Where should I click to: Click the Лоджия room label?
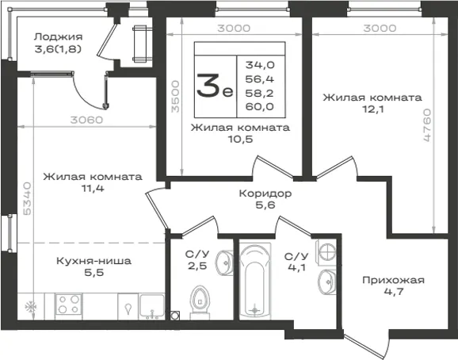click(x=58, y=36)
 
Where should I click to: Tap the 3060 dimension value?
click(x=86, y=120)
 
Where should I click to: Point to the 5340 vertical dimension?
click(x=27, y=198)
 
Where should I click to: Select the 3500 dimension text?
click(x=175, y=97)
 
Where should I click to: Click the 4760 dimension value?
click(x=427, y=125)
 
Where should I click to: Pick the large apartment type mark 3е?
click(x=215, y=86)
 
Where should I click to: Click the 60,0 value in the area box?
click(x=260, y=107)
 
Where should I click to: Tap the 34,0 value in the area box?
click(x=260, y=65)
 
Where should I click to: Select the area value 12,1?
click(x=373, y=109)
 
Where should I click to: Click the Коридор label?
click(x=265, y=193)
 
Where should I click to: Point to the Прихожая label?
click(x=393, y=280)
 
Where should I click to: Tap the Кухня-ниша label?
click(x=94, y=261)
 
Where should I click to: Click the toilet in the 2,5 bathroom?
click(x=200, y=302)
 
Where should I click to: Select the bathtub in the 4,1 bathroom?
click(x=255, y=281)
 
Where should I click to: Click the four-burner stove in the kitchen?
click(x=69, y=304)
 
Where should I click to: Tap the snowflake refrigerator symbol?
click(x=31, y=307)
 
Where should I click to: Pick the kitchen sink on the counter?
click(x=151, y=306)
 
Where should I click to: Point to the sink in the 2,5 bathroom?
click(x=224, y=263)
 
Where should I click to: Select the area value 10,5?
click(x=240, y=140)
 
